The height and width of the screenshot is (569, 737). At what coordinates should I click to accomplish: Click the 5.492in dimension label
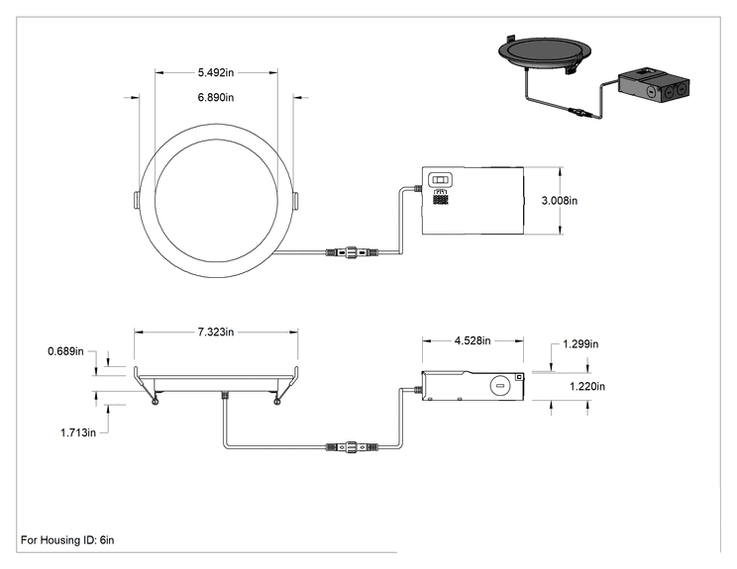click(x=216, y=73)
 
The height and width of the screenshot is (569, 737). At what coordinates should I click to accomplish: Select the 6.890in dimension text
click(x=216, y=98)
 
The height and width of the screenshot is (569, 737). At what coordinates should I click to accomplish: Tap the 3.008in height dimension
click(x=560, y=201)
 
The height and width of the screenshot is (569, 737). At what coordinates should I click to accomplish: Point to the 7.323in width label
click(x=216, y=332)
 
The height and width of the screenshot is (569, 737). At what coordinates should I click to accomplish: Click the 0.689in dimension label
click(x=65, y=351)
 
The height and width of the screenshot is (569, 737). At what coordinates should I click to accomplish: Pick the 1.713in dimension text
click(x=78, y=432)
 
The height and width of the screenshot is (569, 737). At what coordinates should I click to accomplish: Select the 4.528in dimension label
click(x=473, y=340)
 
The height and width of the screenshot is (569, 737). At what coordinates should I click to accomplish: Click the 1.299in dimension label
click(x=580, y=344)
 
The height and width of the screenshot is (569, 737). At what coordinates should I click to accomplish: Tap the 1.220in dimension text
click(x=587, y=386)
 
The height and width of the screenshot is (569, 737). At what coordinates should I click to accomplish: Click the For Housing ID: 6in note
click(x=67, y=540)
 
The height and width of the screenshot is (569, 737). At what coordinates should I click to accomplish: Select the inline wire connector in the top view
click(x=352, y=252)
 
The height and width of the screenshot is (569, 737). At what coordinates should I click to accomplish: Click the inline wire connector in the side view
click(x=352, y=446)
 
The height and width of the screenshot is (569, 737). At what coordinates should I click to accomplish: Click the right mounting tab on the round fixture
click(x=296, y=200)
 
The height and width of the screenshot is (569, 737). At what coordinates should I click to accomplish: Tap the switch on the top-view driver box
click(x=441, y=180)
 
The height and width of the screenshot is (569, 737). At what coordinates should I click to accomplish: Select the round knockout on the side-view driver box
click(x=499, y=386)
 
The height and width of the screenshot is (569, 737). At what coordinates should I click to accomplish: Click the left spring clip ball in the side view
click(x=155, y=402)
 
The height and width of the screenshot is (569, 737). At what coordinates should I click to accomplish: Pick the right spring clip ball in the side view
click(x=277, y=402)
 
